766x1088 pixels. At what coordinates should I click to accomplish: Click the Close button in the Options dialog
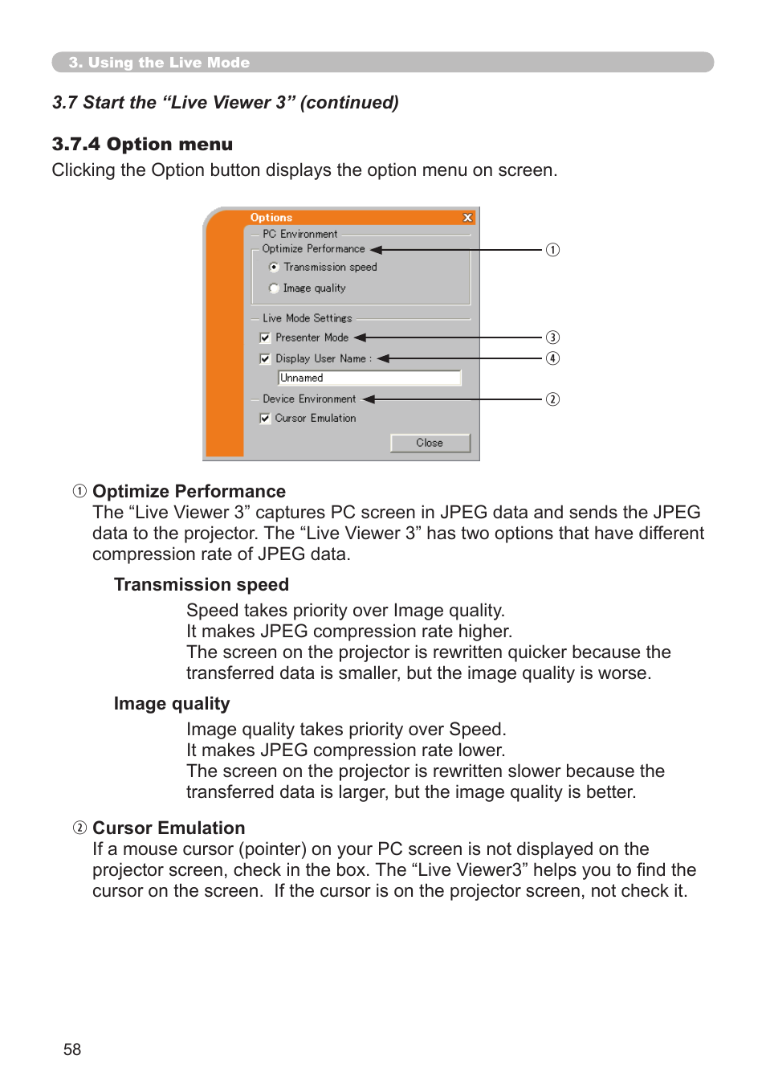click(430, 443)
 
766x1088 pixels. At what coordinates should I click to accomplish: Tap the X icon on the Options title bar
click(467, 218)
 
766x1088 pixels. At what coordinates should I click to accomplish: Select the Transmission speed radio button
click(274, 267)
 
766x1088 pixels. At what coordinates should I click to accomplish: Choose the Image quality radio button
click(274, 288)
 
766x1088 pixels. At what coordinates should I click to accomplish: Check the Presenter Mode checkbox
click(265, 337)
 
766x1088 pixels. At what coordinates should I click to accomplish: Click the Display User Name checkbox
click(265, 358)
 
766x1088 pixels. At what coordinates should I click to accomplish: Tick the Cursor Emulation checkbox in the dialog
click(265, 418)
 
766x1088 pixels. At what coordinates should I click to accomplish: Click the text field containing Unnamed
click(369, 378)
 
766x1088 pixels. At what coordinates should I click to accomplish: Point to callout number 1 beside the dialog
click(552, 250)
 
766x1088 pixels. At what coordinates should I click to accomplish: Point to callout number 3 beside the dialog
click(552, 337)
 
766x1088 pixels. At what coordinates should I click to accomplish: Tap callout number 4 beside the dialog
click(552, 358)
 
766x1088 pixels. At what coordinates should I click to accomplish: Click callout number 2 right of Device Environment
click(552, 399)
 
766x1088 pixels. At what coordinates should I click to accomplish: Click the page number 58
click(72, 1049)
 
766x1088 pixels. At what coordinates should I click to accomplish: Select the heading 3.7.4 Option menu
click(142, 145)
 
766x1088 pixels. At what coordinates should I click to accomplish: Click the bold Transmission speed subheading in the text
click(201, 585)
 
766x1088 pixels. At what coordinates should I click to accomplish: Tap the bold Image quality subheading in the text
click(172, 704)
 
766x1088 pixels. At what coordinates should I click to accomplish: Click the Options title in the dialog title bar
click(271, 218)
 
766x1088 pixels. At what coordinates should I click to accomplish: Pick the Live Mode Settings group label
click(307, 318)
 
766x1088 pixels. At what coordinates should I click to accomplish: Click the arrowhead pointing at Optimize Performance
click(376, 250)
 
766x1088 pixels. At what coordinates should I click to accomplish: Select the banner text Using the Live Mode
click(169, 63)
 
